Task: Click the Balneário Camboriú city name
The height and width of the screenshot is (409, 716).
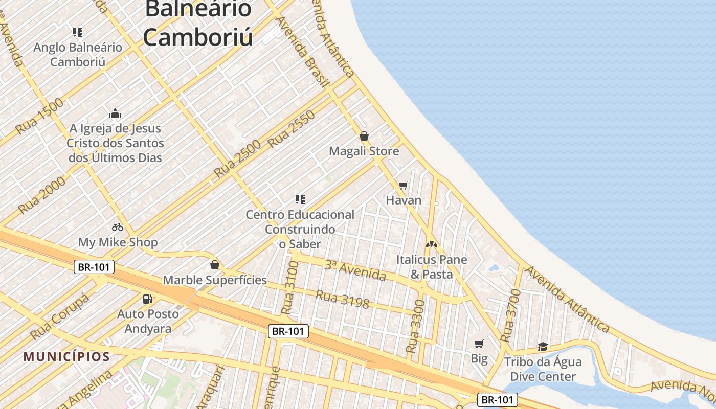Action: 198,23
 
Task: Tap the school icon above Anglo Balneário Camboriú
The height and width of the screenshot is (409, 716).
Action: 78,33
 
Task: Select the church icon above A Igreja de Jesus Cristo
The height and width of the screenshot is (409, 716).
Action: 115,113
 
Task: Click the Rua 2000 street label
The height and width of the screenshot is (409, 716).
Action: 42,195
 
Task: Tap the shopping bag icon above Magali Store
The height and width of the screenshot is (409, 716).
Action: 364,136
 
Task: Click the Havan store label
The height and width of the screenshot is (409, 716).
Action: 404,200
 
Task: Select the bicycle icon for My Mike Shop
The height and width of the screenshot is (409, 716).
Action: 118,227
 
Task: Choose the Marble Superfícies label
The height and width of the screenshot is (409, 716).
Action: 215,280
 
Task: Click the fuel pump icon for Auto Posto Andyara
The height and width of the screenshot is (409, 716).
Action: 148,299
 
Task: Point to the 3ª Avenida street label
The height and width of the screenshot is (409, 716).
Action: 355,270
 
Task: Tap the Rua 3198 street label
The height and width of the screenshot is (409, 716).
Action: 342,299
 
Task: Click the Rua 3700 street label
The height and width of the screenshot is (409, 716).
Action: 510,315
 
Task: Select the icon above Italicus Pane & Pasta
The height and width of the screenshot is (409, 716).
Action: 432,244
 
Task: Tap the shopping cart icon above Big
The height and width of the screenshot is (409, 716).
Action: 479,344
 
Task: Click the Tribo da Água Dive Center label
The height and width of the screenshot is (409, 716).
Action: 543,369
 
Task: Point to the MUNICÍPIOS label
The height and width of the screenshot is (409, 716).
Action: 66,356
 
